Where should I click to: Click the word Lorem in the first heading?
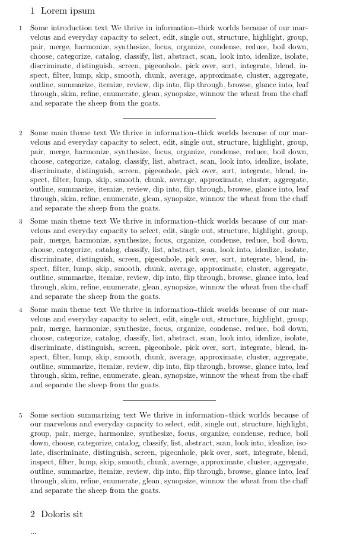tap(53, 11)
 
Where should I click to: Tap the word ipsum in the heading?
tap(81, 11)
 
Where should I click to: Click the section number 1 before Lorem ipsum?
tap(33, 11)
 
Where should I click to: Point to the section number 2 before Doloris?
tap(33, 514)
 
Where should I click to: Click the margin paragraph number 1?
tap(20, 28)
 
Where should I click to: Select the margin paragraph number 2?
tap(20, 133)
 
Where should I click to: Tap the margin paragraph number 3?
tap(20, 221)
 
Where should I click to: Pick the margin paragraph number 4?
tap(20, 310)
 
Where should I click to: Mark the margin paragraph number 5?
tap(20, 415)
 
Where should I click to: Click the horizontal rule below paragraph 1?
tap(169, 118)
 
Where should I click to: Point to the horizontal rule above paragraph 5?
tap(169, 400)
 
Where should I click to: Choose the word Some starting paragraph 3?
tap(39, 221)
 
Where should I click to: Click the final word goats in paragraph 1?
tap(149, 103)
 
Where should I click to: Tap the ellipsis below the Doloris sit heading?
tap(33, 532)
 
